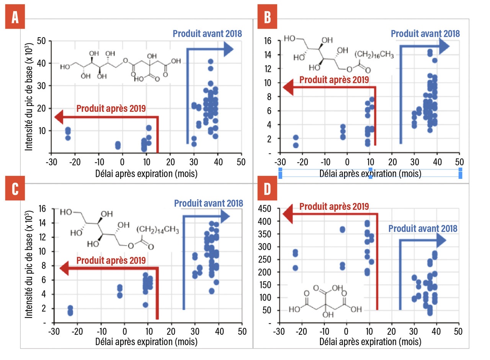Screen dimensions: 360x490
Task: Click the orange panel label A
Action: pos(15,18)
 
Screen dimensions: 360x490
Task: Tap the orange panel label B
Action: pos(268,18)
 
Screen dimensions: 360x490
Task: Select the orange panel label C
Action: pos(15,190)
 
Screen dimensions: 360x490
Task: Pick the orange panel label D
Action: pos(268,190)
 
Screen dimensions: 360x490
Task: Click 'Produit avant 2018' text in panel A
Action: pos(207,33)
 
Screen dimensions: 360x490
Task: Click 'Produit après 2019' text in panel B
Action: pos(334,80)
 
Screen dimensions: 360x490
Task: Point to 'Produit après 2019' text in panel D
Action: pos(334,206)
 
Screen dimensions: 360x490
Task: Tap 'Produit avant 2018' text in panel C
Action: pos(208,203)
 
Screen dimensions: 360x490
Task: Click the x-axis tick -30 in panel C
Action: pos(54,330)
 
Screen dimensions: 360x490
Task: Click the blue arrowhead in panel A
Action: pos(228,49)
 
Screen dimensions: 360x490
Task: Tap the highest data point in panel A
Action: pos(211,62)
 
